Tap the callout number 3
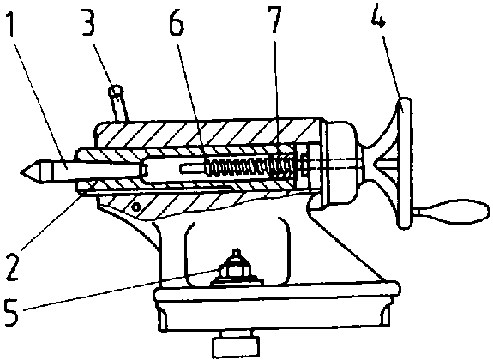(88, 22)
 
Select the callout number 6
(177, 22)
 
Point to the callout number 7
(274, 19)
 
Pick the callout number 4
(379, 16)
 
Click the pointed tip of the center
(21, 171)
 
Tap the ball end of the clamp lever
(116, 91)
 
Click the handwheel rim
(405, 164)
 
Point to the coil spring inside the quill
(251, 166)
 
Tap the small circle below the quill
(135, 207)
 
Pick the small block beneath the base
(236, 347)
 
